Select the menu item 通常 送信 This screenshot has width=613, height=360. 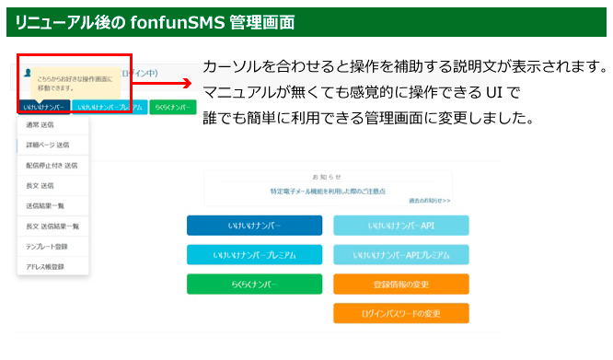tap(42, 125)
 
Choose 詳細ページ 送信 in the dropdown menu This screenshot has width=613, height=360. tap(52, 145)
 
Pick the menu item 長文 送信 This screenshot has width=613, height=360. tap(40, 186)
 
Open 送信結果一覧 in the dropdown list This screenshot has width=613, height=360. tap(45, 206)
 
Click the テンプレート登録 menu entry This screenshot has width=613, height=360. tap(47, 247)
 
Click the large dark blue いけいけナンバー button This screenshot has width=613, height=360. tap(254, 226)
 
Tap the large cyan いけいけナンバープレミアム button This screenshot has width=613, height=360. tap(254, 255)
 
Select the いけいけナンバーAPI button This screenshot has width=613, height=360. tap(400, 226)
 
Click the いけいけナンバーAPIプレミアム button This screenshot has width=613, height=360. tap(400, 255)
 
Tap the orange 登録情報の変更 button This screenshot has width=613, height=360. tap(400, 285)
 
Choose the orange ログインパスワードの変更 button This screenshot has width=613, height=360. tap(400, 314)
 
